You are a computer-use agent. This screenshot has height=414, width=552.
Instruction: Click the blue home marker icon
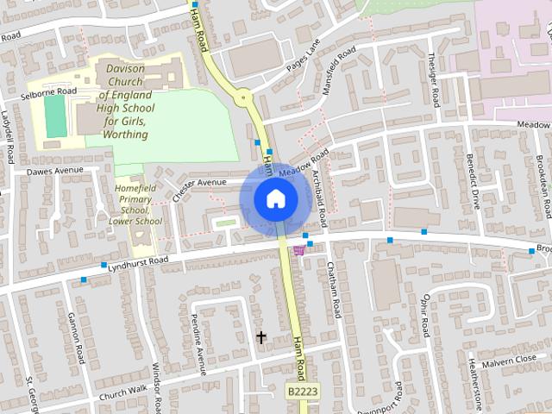pyautogui.click(x=275, y=198)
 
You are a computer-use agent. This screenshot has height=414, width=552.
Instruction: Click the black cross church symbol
pyautogui.click(x=261, y=336)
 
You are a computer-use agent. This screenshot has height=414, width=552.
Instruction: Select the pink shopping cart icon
pyautogui.click(x=299, y=250)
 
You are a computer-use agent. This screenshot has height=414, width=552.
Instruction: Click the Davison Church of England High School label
pyautogui.click(x=126, y=101)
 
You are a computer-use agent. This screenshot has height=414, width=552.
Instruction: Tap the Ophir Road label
pyautogui.click(x=425, y=319)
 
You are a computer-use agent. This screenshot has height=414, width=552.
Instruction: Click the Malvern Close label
pyautogui.click(x=509, y=360)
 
